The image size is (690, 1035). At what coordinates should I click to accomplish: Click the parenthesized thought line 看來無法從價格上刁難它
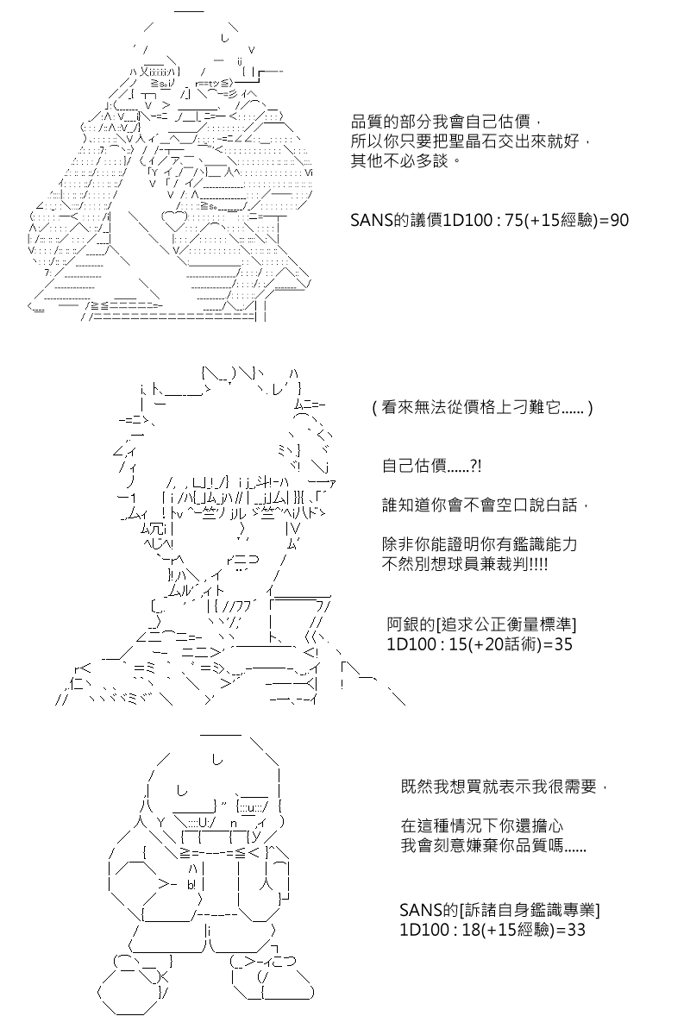pyautogui.click(x=482, y=407)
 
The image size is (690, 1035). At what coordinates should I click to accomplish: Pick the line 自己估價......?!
pyautogui.click(x=431, y=466)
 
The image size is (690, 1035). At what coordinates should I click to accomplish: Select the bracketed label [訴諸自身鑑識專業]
pyautogui.click(x=530, y=910)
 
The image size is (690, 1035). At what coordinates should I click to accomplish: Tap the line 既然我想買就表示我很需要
pyautogui.click(x=504, y=787)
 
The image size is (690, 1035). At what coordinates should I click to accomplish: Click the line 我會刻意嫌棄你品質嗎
pyautogui.click(x=493, y=845)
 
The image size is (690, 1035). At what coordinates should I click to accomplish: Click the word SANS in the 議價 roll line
pyautogui.click(x=367, y=221)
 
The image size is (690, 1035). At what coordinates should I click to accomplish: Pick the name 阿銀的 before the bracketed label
pyautogui.click(x=411, y=624)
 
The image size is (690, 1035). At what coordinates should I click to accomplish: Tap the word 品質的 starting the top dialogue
pyautogui.click(x=375, y=122)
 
